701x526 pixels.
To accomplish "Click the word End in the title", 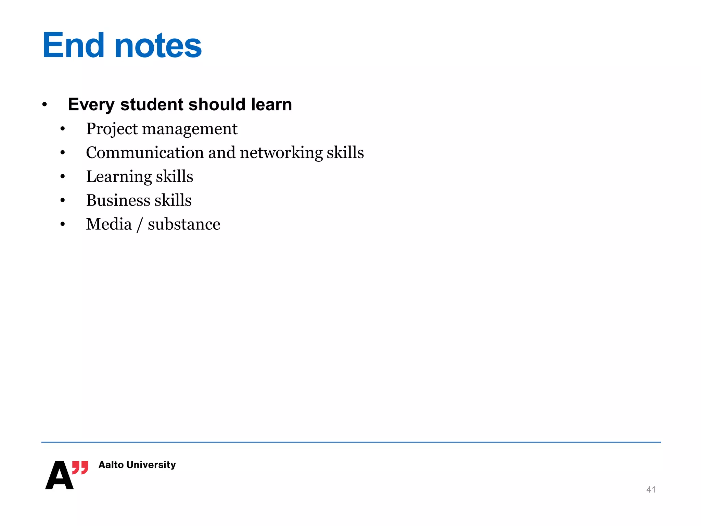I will (73, 45).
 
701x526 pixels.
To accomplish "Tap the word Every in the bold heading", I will (91, 105).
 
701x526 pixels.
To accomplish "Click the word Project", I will (112, 129).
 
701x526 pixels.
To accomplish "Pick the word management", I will (190, 129).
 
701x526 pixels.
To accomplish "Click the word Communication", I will (145, 152).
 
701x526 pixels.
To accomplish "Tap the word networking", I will (281, 153).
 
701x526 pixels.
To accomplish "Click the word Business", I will (118, 200).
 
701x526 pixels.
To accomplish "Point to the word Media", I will (109, 224).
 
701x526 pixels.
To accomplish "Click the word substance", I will (184, 224).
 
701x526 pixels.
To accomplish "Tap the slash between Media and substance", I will (139, 225).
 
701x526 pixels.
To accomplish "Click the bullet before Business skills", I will (62, 201).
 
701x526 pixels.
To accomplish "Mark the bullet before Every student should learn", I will (44, 105).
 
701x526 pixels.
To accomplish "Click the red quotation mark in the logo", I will (80, 467).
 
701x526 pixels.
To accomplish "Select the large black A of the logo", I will (59, 476).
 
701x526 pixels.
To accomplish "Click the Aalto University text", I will (137, 465).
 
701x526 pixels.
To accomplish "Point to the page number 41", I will (651, 490).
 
